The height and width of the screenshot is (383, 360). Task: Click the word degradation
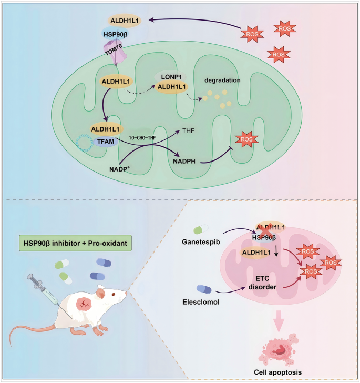click(x=223, y=80)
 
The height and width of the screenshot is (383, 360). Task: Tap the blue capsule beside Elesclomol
click(x=204, y=288)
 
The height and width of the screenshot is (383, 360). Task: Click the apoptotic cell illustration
click(x=282, y=350)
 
